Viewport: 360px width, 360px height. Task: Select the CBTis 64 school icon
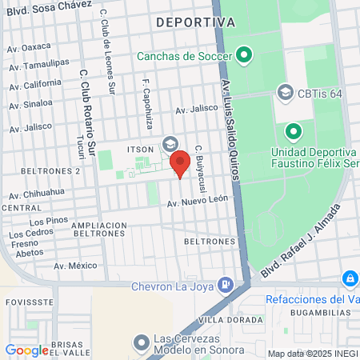[x=285, y=93]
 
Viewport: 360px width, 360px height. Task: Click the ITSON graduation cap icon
[x=170, y=144]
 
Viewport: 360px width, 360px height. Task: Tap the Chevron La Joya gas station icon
[x=227, y=283]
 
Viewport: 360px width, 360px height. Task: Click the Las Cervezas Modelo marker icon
[x=142, y=343]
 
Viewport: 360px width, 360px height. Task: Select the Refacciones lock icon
[x=350, y=278]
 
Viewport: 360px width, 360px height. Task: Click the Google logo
[x=26, y=350]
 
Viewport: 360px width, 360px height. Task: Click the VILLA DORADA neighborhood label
[x=230, y=319]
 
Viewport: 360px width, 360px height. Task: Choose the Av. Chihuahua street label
[x=37, y=194]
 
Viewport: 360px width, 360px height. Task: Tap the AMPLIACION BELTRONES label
[x=99, y=231]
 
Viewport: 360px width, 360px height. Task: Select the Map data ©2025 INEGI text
[x=311, y=353]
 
